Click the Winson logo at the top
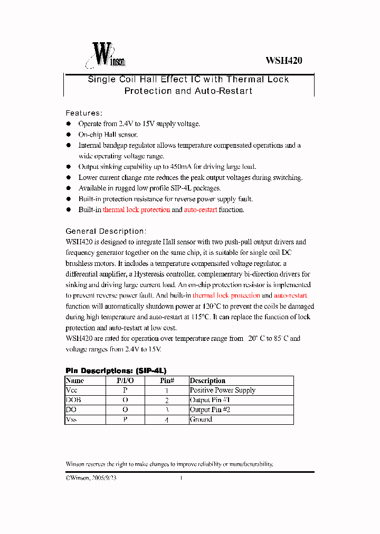106,56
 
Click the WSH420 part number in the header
283,61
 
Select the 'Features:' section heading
84,113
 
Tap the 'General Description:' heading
106,231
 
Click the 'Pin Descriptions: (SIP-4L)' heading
116,370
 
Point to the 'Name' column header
75,380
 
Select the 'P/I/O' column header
125,380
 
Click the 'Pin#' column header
167,380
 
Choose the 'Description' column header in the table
207,380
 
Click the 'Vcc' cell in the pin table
72,390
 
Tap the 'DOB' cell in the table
73,400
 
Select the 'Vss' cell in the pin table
71,419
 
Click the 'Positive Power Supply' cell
223,390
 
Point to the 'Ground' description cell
201,419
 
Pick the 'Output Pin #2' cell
210,410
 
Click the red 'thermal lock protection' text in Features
136,210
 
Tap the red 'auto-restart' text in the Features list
200,210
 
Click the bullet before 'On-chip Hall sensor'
68,135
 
